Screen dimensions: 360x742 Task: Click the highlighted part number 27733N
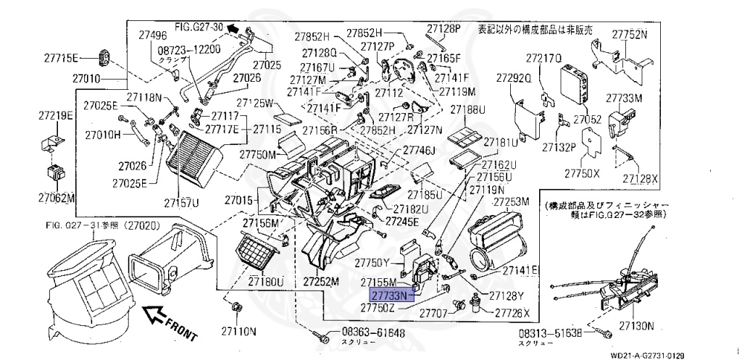tap(391, 296)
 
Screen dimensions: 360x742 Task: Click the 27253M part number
tap(512, 201)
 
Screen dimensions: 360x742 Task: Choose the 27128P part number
tap(443, 28)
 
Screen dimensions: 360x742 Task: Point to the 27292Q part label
tap(514, 77)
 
